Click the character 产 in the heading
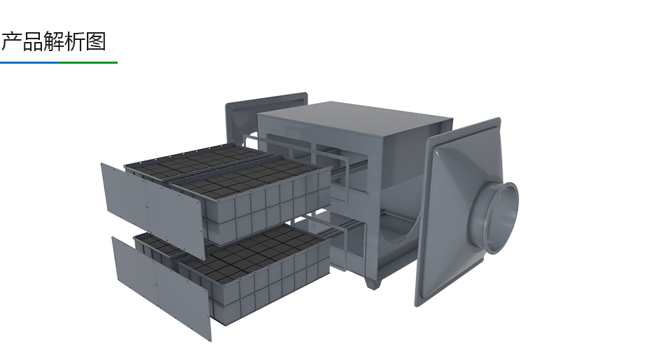[11, 42]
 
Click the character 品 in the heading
[32, 42]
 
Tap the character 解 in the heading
[54, 42]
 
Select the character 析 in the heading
[75, 42]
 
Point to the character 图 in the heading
[96, 42]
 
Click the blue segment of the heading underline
[29, 63]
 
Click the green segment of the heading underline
[88, 63]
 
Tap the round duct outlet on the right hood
[499, 216]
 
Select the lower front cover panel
[161, 288]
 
